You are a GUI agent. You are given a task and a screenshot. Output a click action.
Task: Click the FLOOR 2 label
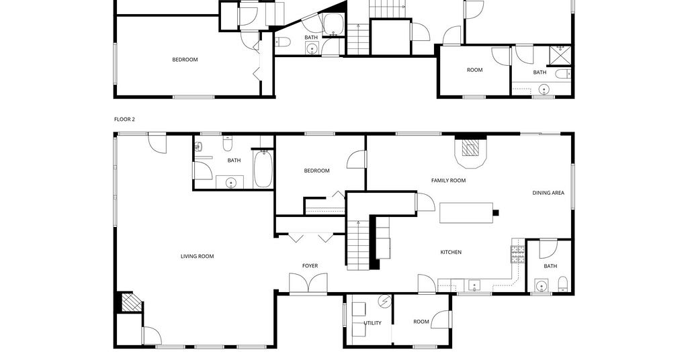coord(124,120)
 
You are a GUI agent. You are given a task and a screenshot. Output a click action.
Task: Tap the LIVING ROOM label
coord(197,257)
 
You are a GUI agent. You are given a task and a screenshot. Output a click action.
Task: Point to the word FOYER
coord(310,266)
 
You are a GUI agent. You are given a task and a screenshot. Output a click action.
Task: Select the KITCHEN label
coord(451,252)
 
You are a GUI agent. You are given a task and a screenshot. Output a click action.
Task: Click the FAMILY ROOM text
coord(448,181)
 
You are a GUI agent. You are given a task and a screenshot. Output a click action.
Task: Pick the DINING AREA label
coord(548,193)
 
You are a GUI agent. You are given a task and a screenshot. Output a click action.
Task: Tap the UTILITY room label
coord(372,323)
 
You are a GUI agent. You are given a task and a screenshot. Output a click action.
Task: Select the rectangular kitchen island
coord(466,213)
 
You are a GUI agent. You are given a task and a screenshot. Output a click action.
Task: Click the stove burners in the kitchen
coord(517,255)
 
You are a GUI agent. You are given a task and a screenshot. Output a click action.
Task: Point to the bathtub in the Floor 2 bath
coord(263,169)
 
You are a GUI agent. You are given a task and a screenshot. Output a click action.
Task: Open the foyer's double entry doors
coord(308,283)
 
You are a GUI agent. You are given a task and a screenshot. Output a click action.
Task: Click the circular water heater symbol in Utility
coord(385,302)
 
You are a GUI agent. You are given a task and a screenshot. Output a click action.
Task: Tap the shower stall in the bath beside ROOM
coord(561,55)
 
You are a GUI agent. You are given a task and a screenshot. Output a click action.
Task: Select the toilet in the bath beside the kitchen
coord(563,283)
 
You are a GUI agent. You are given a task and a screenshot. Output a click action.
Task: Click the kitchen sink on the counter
coord(474,286)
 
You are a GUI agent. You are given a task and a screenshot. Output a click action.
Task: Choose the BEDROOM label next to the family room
coord(316,171)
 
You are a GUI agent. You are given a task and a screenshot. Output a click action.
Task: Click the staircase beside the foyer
coord(359,244)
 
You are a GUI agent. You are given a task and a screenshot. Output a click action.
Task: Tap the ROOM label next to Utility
coord(421,322)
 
